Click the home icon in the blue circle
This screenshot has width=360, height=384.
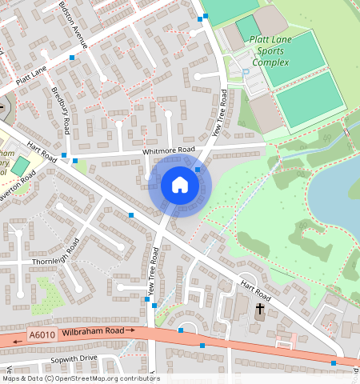(x=180, y=186)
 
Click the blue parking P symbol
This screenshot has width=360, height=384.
(x=246, y=72)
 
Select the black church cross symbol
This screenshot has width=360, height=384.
(x=259, y=309)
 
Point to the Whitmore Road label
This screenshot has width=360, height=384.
(x=168, y=150)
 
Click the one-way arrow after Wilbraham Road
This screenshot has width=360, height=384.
(x=130, y=329)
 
